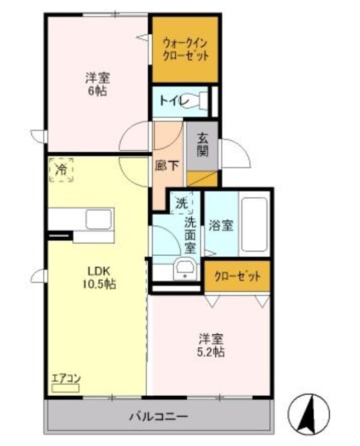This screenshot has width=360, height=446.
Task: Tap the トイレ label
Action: point(171,100)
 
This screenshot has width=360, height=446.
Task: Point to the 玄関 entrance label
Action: point(203,144)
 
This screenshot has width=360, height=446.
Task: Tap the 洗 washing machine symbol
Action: point(181,203)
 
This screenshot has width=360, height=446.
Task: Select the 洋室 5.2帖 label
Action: point(210,345)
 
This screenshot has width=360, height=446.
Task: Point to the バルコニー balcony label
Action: point(158,417)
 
